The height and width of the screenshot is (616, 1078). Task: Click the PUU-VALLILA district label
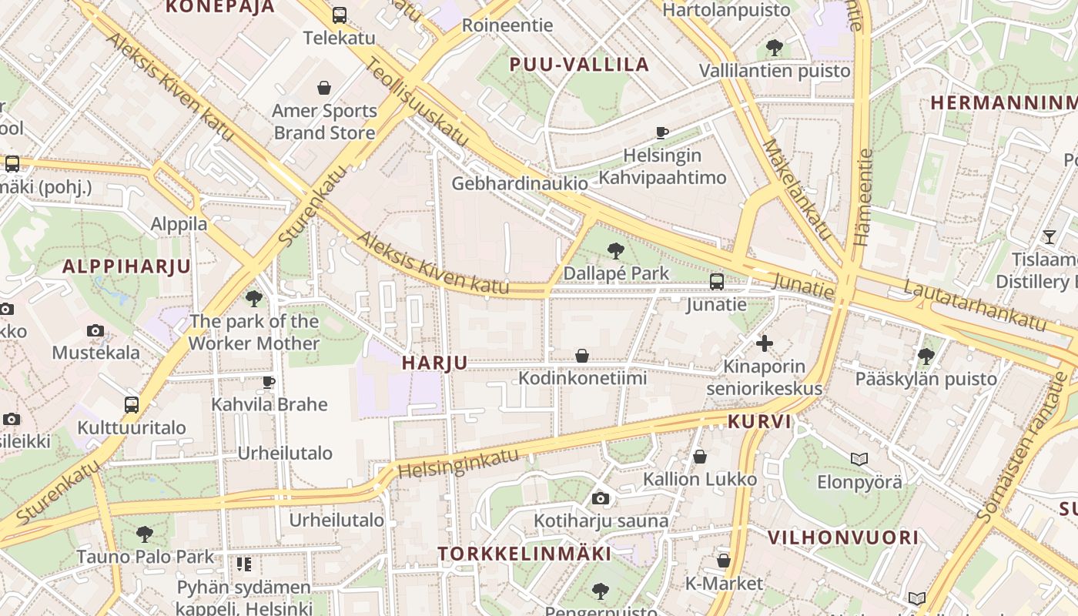point(580,65)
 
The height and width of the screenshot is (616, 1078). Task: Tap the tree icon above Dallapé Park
point(615,250)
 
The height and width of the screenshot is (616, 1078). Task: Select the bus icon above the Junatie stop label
point(717,282)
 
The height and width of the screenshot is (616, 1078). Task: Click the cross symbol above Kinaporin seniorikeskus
point(765,343)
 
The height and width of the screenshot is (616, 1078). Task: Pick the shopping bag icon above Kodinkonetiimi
point(582,356)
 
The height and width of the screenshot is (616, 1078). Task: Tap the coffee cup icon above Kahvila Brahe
point(269,382)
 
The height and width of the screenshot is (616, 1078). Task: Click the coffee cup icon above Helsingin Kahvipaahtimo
point(661,132)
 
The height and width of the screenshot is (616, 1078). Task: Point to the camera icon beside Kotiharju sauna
point(601,499)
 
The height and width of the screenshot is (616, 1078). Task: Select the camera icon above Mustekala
point(95,331)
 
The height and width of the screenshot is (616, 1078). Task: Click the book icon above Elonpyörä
point(859,460)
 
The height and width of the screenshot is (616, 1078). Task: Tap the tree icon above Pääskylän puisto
point(926,356)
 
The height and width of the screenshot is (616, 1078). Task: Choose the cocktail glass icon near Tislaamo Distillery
point(1049,236)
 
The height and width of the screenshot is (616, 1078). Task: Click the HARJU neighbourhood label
point(434,363)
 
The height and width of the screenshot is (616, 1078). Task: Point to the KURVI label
point(759,422)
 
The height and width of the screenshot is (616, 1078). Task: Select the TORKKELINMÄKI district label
point(524,554)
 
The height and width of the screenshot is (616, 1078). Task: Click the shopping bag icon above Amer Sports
point(324,88)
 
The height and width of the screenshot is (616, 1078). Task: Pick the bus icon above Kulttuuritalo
point(132,405)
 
